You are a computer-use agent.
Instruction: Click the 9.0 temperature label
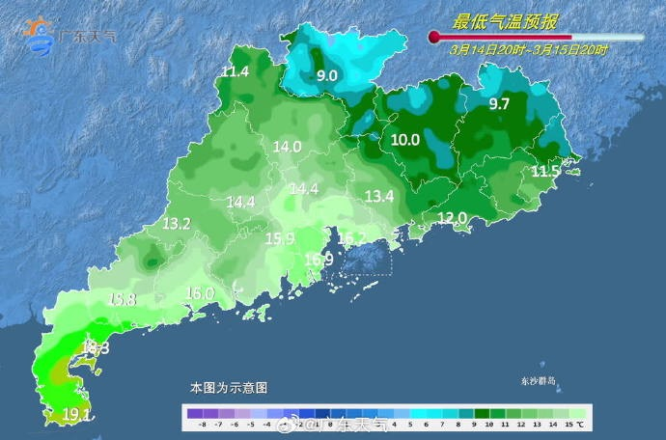(327, 75)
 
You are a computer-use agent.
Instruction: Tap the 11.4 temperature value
(236, 72)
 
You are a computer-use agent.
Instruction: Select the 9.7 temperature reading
(499, 104)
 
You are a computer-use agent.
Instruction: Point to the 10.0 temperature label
(405, 140)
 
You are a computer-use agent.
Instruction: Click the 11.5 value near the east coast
(545, 172)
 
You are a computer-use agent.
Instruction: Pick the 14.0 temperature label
(288, 148)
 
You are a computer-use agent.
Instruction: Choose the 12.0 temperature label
(452, 219)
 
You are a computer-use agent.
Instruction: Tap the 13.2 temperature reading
(176, 224)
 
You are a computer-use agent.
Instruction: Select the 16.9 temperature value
(319, 260)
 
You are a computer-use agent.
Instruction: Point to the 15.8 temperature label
(122, 300)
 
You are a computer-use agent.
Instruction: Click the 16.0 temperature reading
(199, 293)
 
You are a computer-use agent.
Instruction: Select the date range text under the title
(529, 49)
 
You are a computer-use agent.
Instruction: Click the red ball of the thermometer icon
(434, 38)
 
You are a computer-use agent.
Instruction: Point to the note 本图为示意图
(229, 388)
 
